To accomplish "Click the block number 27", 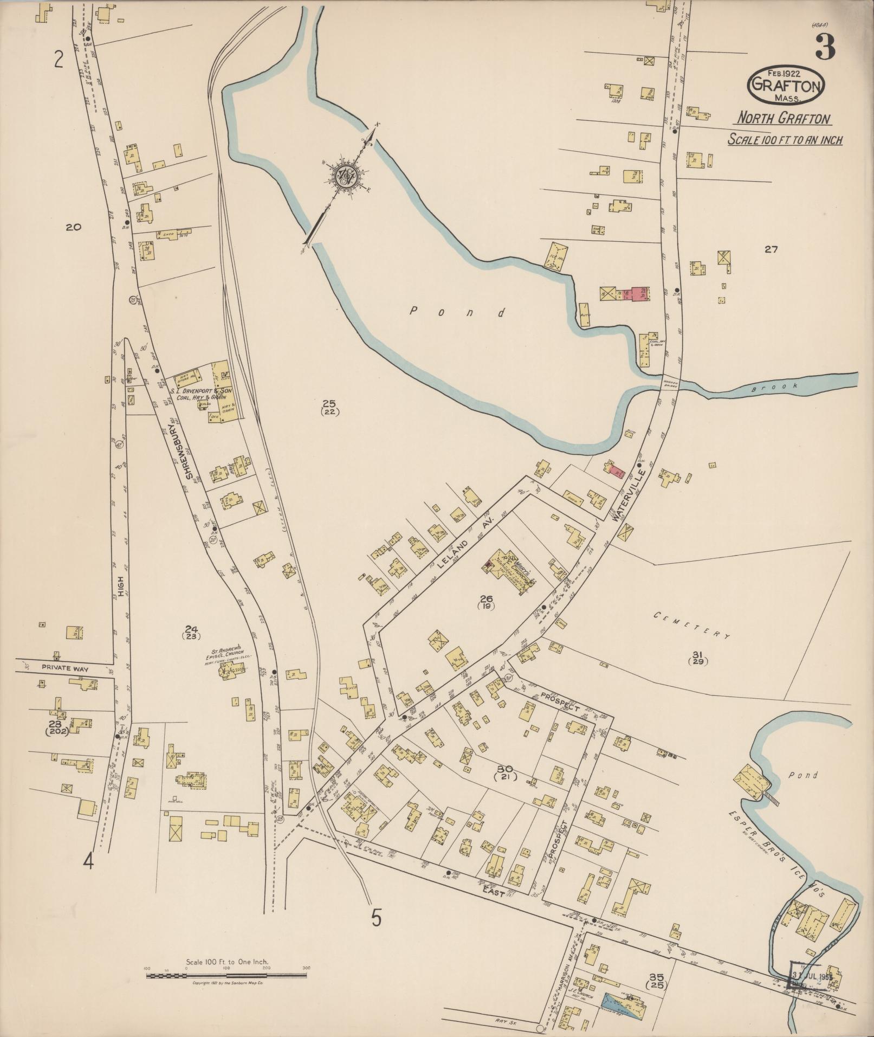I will [771, 249].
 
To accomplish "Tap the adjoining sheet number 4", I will [88, 861].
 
